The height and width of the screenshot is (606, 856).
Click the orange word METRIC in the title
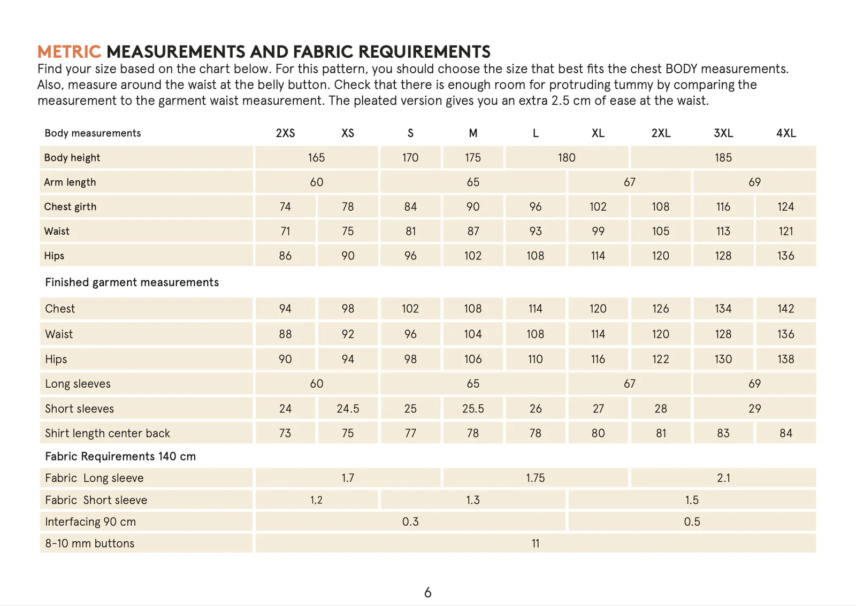click(x=69, y=52)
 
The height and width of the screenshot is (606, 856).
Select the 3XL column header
click(x=723, y=133)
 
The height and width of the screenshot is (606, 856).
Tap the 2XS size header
click(x=285, y=133)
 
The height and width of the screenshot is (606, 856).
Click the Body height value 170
click(x=410, y=158)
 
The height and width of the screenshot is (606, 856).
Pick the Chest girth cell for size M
click(x=473, y=207)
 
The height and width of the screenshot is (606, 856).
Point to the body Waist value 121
click(x=785, y=232)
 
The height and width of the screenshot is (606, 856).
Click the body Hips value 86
click(x=285, y=256)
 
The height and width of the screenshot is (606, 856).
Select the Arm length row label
click(x=70, y=182)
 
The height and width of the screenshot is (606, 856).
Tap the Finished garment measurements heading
click(x=132, y=282)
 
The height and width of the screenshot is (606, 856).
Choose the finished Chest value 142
click(x=785, y=309)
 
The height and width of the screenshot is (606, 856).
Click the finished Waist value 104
click(x=473, y=334)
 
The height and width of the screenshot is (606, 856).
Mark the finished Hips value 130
click(x=723, y=359)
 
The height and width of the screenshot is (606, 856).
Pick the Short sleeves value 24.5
click(x=348, y=409)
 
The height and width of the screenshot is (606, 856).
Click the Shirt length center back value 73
click(x=285, y=433)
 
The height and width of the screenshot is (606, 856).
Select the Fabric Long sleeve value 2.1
click(x=723, y=478)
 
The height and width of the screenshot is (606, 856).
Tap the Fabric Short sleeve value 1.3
click(x=473, y=500)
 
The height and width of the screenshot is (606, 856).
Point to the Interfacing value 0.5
click(x=692, y=521)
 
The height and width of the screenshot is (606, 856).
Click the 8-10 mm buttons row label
click(x=90, y=543)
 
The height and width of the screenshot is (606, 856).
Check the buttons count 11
click(x=536, y=543)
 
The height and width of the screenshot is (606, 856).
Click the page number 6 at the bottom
click(x=427, y=593)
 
